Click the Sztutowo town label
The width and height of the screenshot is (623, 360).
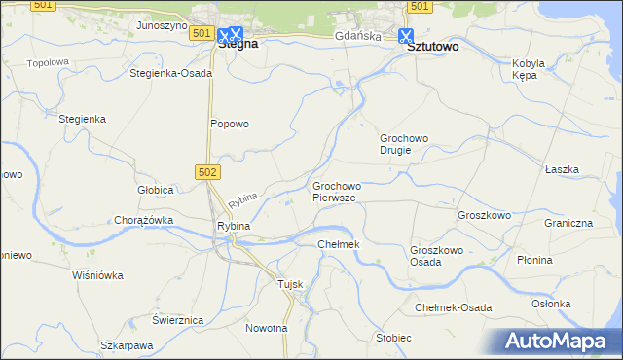(432, 45)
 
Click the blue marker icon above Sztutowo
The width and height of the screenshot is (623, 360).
(406, 35)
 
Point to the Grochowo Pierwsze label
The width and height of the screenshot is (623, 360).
(337, 191)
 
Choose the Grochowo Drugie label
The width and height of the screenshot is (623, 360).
(404, 144)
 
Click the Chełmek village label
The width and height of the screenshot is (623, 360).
(339, 243)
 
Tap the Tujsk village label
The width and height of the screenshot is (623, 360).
(291, 283)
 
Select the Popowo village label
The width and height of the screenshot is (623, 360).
(231, 124)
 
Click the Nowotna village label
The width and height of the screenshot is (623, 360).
(267, 328)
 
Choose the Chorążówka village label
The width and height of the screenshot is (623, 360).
(143, 220)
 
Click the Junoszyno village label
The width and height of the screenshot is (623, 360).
(162, 26)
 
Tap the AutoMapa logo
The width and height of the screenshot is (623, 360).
(563, 341)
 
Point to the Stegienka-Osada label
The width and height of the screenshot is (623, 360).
(170, 73)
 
